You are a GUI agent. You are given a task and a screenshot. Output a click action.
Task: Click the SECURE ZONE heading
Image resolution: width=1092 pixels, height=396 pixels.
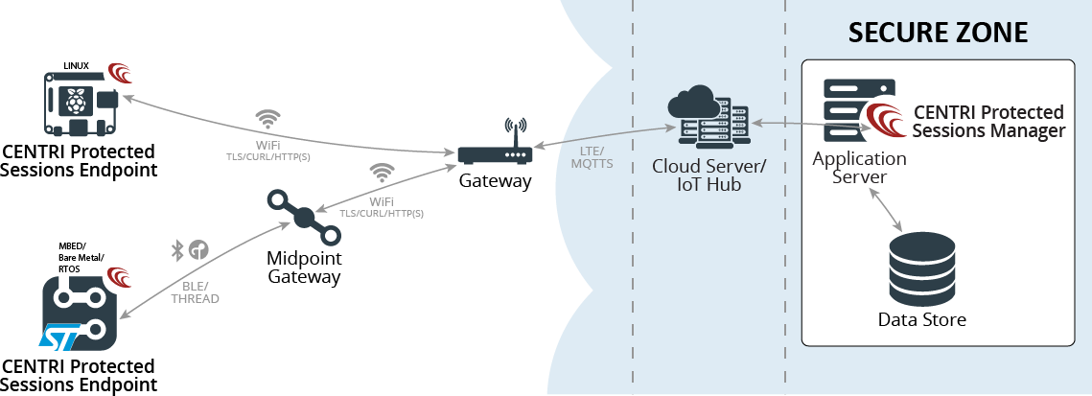pos(938,32)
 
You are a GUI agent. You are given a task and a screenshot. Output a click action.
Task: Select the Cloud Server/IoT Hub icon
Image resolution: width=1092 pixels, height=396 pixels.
pos(709,116)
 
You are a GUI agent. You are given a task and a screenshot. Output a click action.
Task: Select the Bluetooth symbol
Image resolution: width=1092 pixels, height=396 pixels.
pos(176,250)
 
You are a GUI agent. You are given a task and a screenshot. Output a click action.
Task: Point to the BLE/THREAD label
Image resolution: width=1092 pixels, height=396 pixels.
pos(195,292)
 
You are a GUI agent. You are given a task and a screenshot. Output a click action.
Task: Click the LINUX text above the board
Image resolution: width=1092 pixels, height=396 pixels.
pos(77,66)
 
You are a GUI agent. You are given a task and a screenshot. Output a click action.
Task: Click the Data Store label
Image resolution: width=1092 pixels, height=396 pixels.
pos(921,319)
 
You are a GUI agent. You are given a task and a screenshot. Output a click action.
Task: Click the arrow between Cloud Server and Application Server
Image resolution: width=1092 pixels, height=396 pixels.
pos(784,123)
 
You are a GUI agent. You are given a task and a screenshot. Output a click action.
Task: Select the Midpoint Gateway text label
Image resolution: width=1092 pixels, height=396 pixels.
pos(305,268)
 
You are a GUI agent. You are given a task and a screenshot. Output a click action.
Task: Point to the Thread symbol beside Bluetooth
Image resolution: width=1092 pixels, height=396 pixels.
pos(198,250)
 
